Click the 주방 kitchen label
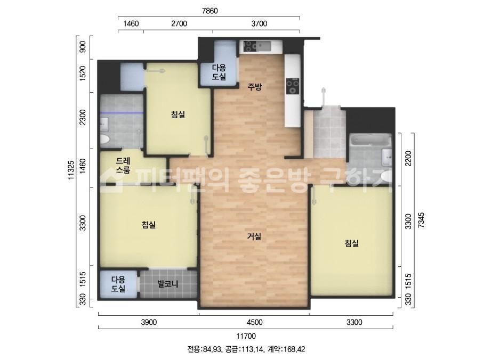(254, 87)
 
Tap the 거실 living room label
(254, 236)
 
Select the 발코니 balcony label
(168, 284)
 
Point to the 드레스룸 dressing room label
(123, 165)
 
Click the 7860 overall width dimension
(209, 11)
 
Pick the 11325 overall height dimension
(71, 170)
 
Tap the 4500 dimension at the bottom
(254, 322)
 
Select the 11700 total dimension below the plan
(246, 336)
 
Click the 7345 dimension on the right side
(421, 220)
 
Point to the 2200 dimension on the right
(408, 159)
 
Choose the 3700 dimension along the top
(259, 23)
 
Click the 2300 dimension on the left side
(83, 117)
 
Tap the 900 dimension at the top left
(83, 47)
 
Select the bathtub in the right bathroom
(370, 140)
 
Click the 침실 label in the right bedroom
(352, 243)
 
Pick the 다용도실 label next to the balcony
(118, 284)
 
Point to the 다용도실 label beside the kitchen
(219, 72)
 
